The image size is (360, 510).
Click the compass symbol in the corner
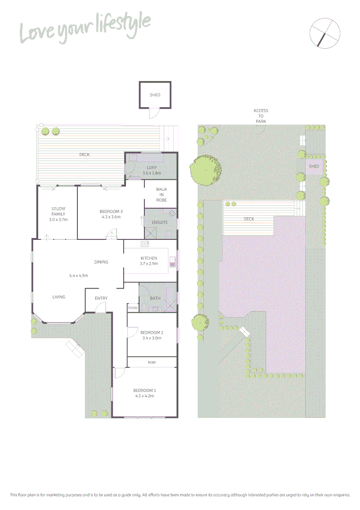tap(325, 33)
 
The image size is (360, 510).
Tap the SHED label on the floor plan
tap(155, 95)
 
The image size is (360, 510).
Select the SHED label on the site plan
tap(314, 166)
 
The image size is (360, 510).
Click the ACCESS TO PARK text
tap(261, 116)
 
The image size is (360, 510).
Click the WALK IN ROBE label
tap(161, 195)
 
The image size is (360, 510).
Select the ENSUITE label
tap(160, 222)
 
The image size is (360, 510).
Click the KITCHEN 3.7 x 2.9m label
tap(149, 261)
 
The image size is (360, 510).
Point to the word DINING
tap(101, 262)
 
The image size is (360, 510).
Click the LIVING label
tap(59, 297)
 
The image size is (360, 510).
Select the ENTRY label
tap(101, 298)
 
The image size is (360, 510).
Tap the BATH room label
tap(155, 298)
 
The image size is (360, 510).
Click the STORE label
tap(133, 308)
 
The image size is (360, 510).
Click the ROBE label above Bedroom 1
tap(151, 362)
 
